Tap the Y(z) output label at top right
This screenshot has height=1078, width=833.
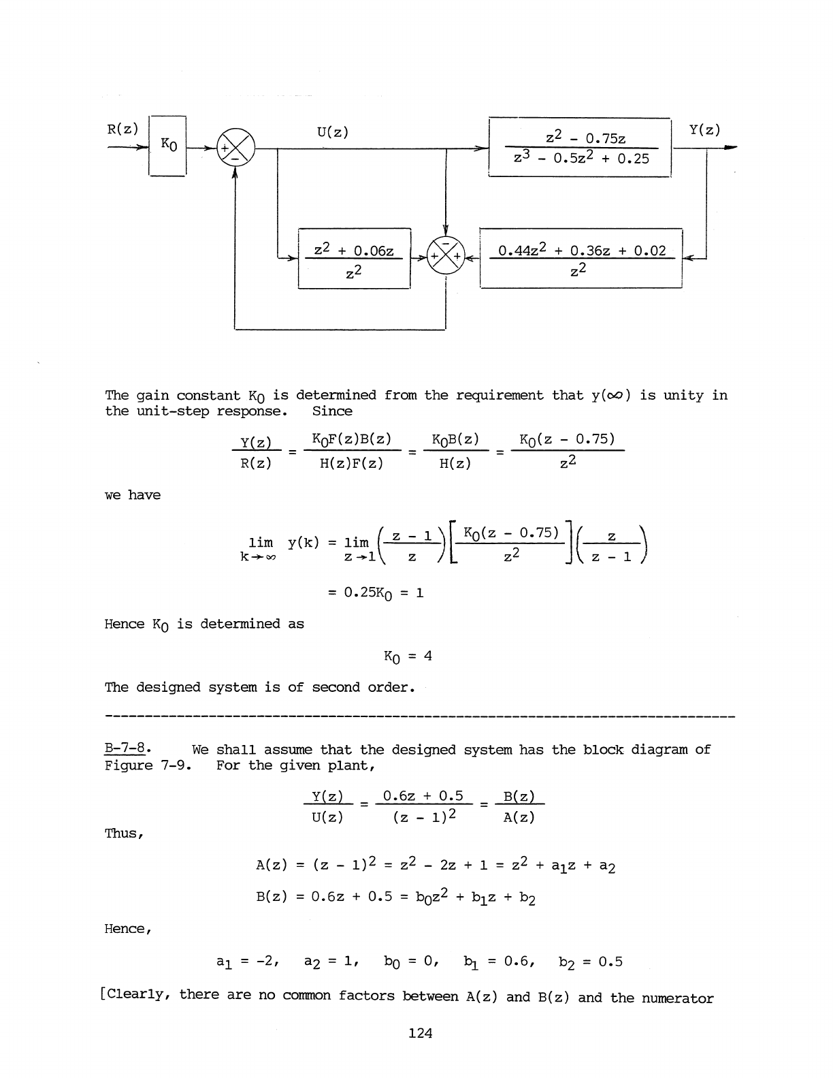tap(704, 129)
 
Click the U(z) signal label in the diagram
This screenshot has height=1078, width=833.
tap(332, 131)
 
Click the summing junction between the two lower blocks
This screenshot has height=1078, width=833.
tap(445, 257)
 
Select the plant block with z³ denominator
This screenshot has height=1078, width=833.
tap(580, 148)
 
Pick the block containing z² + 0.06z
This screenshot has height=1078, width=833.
tap(354, 259)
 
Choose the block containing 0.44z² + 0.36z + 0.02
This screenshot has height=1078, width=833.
tap(581, 259)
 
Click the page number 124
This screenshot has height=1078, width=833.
tap(420, 1033)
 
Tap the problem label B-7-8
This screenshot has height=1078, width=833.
tap(127, 750)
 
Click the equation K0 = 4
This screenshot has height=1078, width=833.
tap(408, 656)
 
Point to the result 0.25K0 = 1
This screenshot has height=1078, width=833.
tap(376, 592)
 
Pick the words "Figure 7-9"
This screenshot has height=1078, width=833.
tap(147, 765)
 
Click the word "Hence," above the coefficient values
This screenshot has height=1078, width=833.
tap(127, 929)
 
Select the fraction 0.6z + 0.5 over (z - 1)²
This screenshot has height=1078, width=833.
tap(423, 806)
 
